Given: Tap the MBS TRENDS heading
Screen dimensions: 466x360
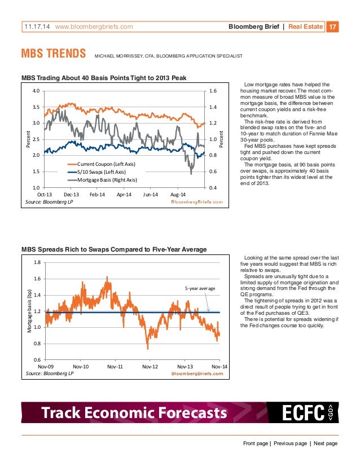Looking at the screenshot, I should coord(53,56).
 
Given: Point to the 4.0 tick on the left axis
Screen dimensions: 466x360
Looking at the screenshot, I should coord(36,91).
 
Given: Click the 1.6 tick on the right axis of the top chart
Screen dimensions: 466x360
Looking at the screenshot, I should coord(214,91).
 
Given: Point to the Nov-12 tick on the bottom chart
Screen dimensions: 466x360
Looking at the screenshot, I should coord(150,366).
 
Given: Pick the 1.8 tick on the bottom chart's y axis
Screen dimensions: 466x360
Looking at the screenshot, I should coord(37,262).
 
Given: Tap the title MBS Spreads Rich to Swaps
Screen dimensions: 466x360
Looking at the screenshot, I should coord(113,249).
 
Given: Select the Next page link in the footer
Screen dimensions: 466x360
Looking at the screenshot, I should coord(325,443).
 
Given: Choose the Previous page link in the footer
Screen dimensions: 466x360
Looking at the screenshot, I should coord(291,443).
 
